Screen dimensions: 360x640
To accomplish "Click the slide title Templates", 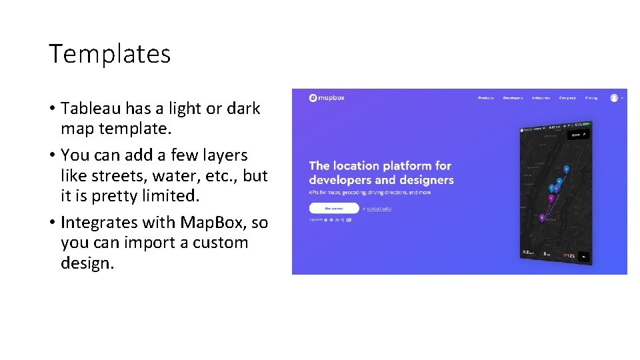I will [x=109, y=54].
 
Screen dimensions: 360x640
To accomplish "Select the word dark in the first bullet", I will [x=244, y=109].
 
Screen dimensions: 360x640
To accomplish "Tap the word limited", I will [x=168, y=197].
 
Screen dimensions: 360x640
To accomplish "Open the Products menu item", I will [x=486, y=98].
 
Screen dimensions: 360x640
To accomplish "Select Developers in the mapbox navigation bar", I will [x=513, y=98].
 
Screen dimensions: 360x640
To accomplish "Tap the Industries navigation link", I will [x=541, y=98].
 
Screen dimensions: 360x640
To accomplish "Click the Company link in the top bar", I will [x=567, y=98].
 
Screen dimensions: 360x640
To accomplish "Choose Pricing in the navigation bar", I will [x=591, y=98].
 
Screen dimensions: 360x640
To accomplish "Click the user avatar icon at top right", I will [x=613, y=98].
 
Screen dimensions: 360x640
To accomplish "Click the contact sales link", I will [x=379, y=209].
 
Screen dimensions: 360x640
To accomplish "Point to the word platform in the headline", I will [x=403, y=166].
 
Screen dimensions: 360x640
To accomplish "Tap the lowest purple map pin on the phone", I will [x=542, y=217].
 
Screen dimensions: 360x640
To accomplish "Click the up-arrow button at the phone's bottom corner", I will [x=585, y=256].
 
